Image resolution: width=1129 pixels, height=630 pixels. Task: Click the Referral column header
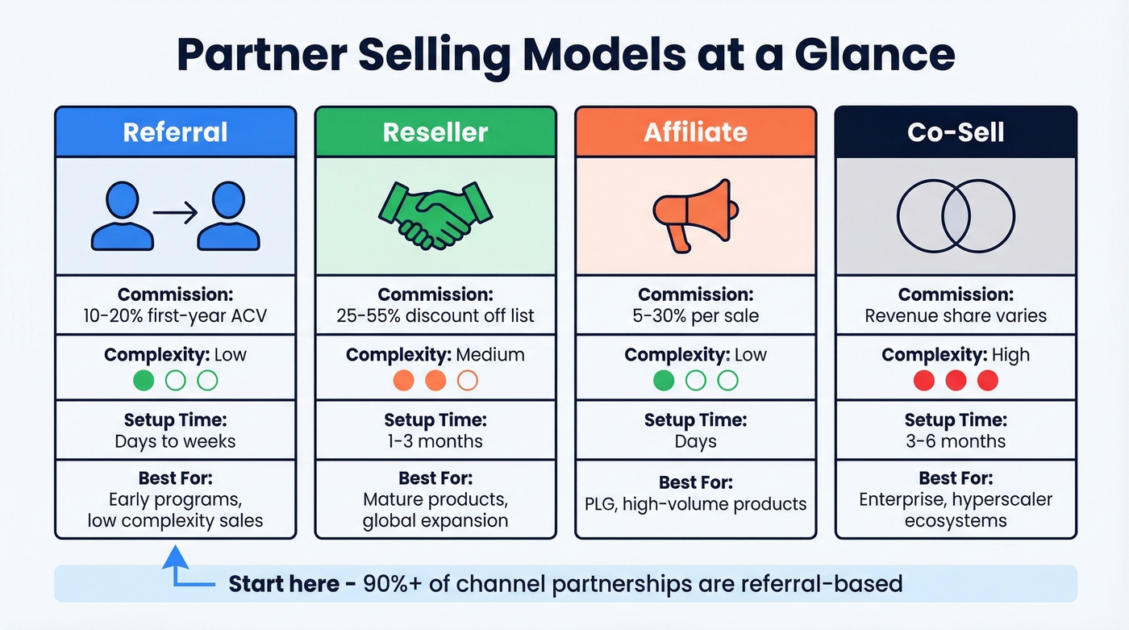pos(175,132)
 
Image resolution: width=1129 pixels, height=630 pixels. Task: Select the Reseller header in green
pos(435,132)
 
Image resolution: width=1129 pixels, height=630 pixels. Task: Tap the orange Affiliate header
pos(695,132)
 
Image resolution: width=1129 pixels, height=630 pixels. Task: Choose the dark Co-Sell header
pos(956,132)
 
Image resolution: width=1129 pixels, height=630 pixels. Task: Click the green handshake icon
pos(435,215)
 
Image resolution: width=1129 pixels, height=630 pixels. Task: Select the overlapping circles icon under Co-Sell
pos(956,215)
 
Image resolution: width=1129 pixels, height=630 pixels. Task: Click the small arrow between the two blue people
pos(175,214)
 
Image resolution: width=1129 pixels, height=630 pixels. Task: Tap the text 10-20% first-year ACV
pos(175,316)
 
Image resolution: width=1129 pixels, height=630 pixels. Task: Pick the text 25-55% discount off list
pos(435,316)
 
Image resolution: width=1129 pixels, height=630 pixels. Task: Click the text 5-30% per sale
pos(695,316)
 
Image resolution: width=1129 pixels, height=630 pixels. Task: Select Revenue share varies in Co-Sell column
pos(956,316)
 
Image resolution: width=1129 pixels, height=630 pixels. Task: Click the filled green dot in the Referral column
pos(143,381)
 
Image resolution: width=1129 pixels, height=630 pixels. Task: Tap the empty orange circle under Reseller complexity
pos(467,381)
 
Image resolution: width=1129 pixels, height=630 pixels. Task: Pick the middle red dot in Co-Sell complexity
pos(956,381)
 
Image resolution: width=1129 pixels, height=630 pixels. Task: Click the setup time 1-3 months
pos(435,441)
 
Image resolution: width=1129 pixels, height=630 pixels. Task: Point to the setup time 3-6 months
pos(956,441)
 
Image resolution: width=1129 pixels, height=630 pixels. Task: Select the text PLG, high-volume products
pos(695,504)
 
